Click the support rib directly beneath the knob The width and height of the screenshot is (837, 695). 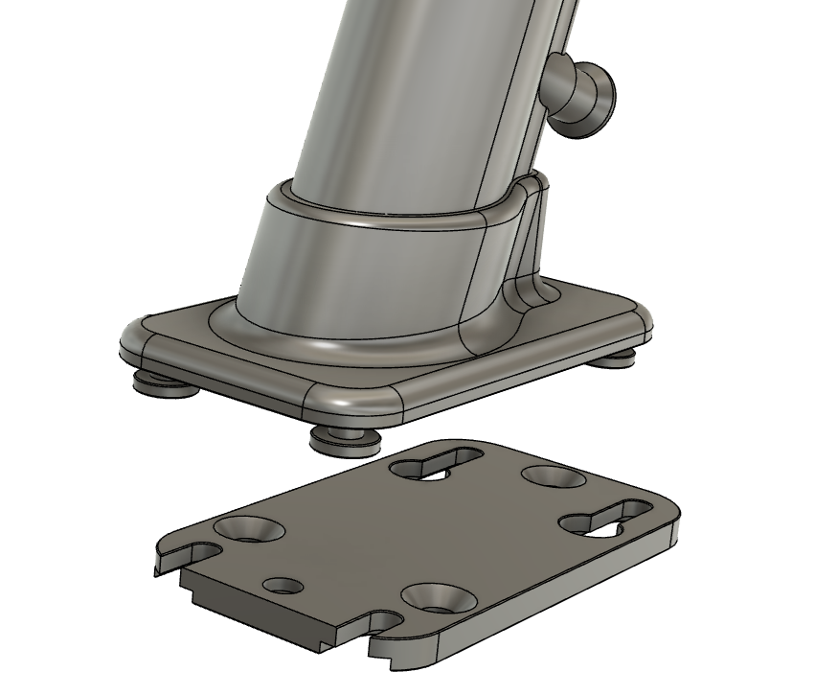(x=532, y=240)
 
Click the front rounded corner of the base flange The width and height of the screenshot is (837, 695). (x=359, y=403)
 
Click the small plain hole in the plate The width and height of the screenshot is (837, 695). (x=283, y=585)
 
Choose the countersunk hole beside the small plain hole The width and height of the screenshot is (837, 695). (x=247, y=529)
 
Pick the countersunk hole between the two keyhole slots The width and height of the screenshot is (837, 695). (x=552, y=476)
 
